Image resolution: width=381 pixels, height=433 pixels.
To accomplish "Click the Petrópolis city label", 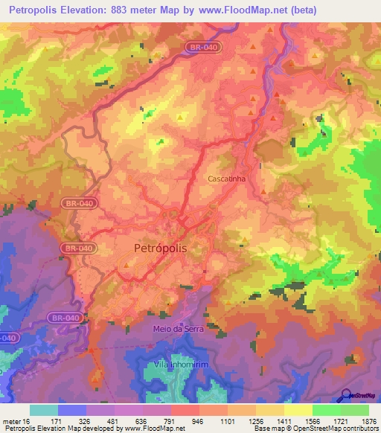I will pos(160,248).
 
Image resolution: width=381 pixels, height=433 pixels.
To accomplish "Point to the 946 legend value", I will pos(197,421).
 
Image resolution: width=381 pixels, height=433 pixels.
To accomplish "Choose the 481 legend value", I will pos(112,421).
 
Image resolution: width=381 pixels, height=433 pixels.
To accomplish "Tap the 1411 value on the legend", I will pos(282,421).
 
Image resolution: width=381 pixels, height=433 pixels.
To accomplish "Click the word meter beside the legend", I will pos(10,421).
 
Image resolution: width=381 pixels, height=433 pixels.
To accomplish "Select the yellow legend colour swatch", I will pos(298,410).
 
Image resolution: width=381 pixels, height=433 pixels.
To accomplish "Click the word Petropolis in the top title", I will pos(35,10).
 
